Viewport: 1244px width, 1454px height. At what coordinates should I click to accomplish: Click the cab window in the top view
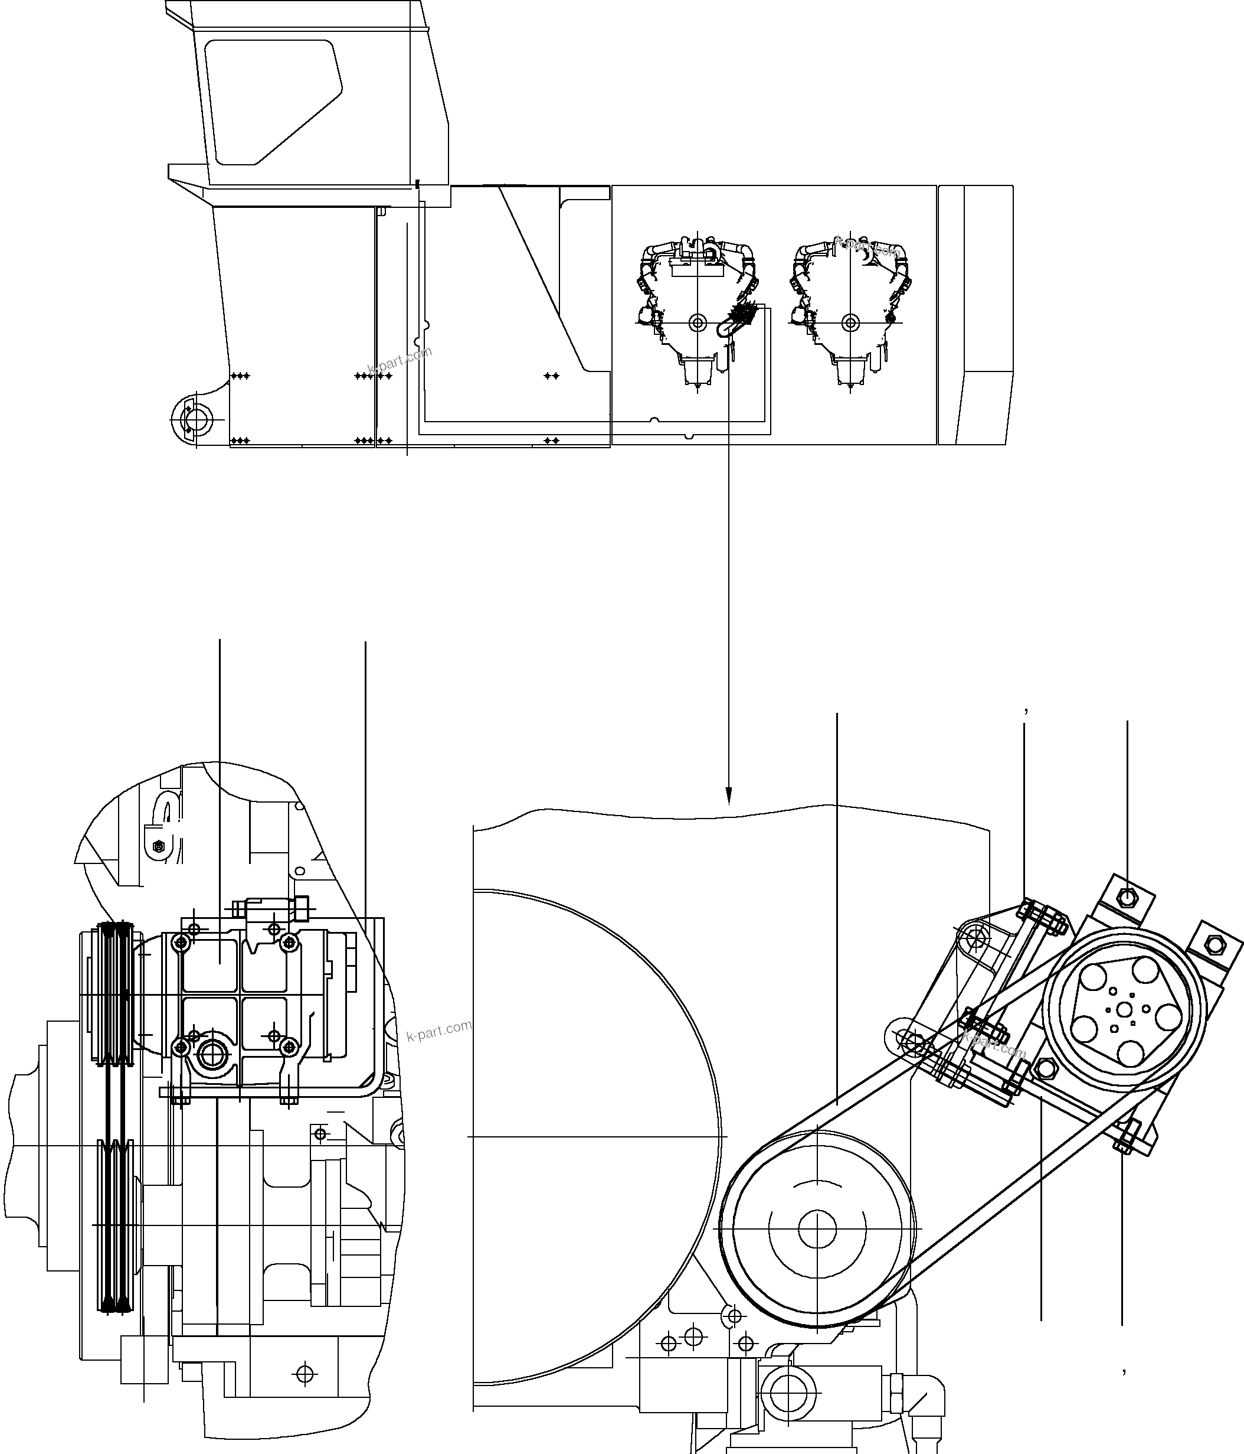click(270, 102)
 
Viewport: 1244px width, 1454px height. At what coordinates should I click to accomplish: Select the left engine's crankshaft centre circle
click(697, 323)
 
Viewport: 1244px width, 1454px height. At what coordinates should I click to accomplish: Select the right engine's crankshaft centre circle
click(850, 323)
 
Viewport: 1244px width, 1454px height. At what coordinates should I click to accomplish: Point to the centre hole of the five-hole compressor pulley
click(1125, 1008)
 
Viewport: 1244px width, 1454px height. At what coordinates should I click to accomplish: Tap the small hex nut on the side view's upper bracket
click(159, 846)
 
